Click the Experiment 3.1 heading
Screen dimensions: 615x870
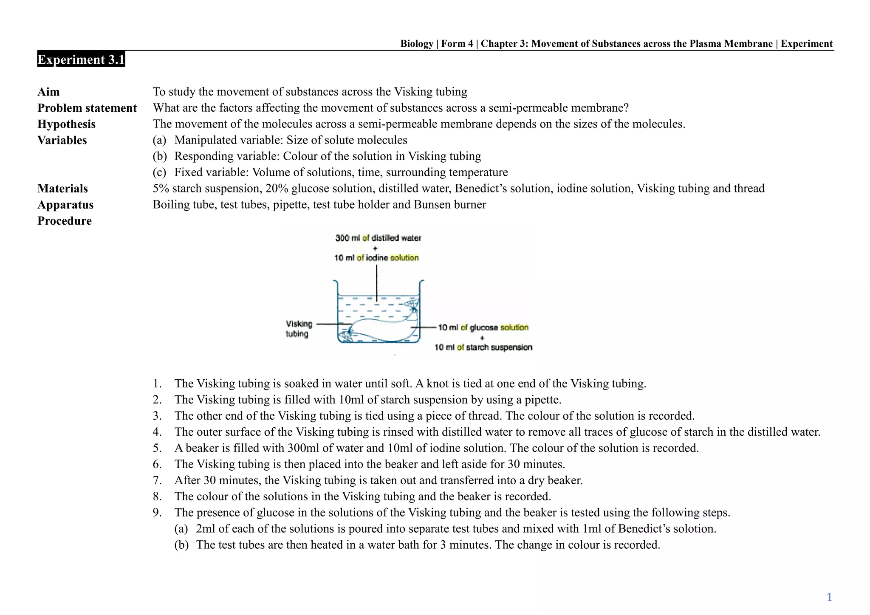point(81,59)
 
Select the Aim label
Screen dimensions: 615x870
point(48,92)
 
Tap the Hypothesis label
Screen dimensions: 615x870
point(66,124)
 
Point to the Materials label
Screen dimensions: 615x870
point(62,189)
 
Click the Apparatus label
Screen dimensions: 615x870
point(65,205)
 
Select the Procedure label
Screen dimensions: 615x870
point(65,221)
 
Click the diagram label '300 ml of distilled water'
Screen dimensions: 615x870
point(378,238)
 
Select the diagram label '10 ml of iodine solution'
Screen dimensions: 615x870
point(376,258)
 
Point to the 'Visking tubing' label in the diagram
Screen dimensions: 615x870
point(299,329)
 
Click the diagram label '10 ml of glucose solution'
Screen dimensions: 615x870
point(483,327)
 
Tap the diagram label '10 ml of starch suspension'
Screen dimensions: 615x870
point(483,347)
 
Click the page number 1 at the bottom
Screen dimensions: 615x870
point(829,597)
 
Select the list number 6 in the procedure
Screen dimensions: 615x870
point(157,464)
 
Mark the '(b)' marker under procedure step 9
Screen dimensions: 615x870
point(181,545)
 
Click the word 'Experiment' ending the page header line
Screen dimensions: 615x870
point(806,44)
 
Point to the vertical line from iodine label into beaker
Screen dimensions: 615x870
point(376,282)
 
